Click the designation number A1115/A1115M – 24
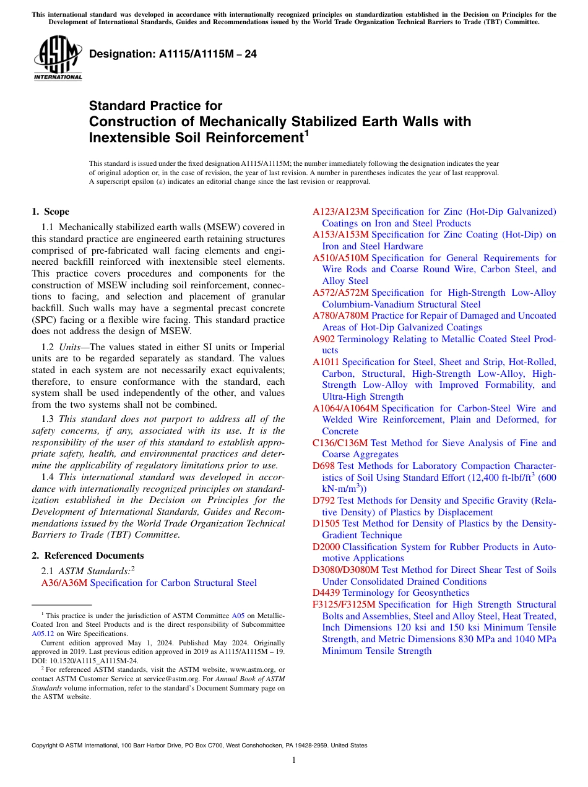pos(173,54)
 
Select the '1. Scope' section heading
pos(50,212)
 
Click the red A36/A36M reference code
pos(64,583)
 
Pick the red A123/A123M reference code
pos(340,212)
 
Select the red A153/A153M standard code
pos(340,234)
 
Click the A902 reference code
pos(324,339)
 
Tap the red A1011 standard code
pos(326,362)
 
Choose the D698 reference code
pos(324,466)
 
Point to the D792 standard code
pos(324,501)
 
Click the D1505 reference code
pos(326,523)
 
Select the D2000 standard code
pos(326,547)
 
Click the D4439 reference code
pos(326,593)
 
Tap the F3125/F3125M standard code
pos(344,604)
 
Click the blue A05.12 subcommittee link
pos(41,634)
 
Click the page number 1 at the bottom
pos(294,760)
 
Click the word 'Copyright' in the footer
pos(46,746)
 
